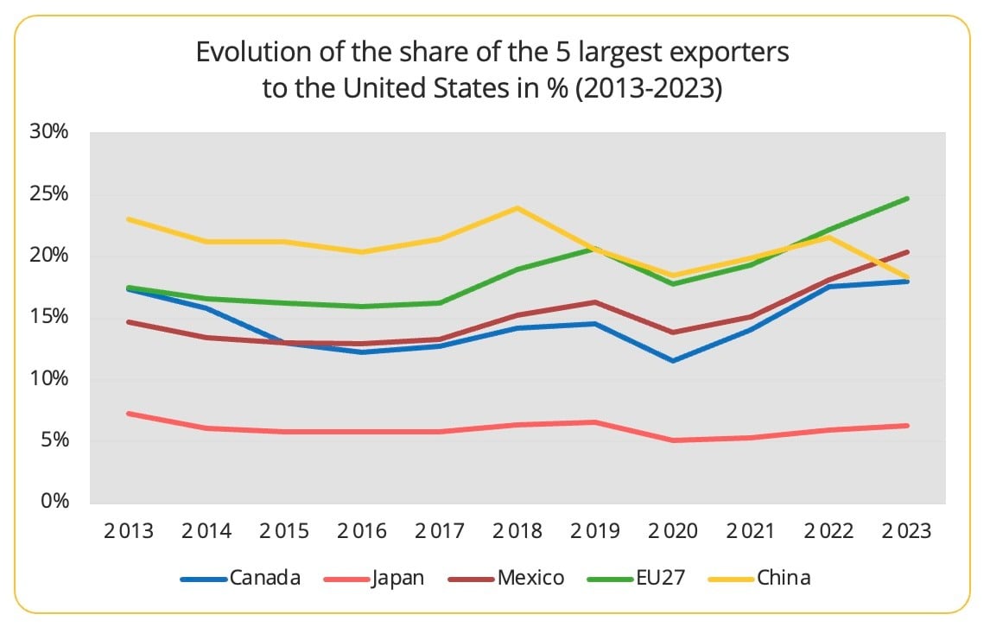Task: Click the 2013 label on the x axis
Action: click(128, 531)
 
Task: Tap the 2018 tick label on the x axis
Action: click(517, 531)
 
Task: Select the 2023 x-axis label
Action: click(905, 531)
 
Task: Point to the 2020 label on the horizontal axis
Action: click(672, 531)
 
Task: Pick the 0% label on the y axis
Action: click(55, 502)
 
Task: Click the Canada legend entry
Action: click(265, 578)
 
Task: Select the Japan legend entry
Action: click(397, 578)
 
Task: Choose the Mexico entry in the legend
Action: click(531, 578)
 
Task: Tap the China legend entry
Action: click(784, 578)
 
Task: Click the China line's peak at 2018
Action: click(517, 207)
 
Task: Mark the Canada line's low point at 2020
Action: click(672, 360)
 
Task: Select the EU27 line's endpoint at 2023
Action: click(905, 199)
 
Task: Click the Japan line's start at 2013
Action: click(128, 414)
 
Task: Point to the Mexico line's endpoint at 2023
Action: click(905, 252)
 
